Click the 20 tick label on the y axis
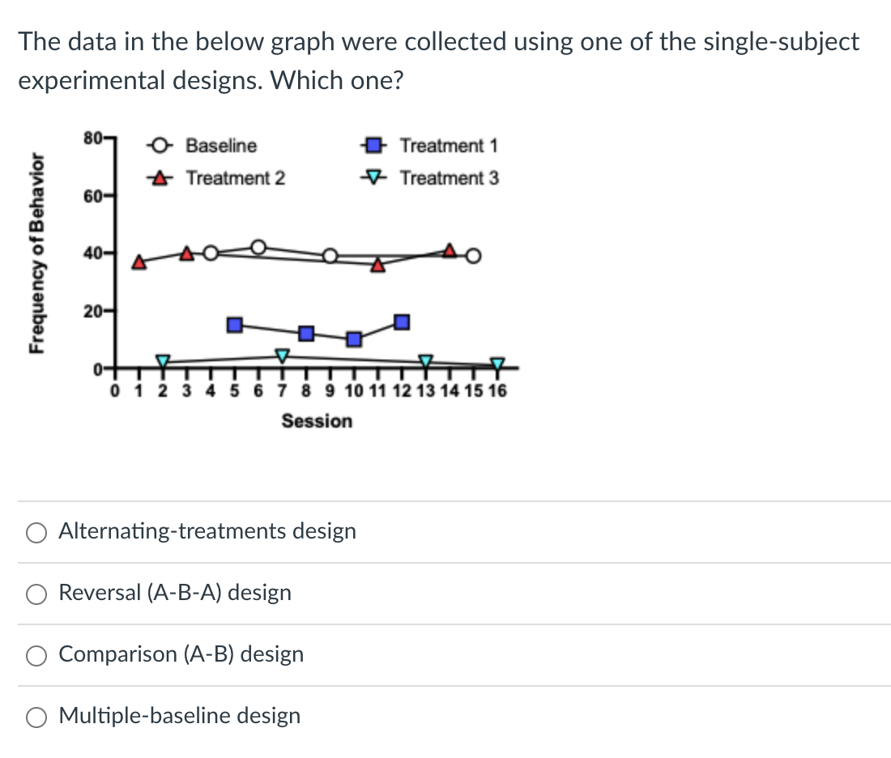(91, 312)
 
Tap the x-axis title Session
(317, 421)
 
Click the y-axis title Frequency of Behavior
(36, 253)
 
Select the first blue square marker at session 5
(235, 325)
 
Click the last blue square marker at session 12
(402, 322)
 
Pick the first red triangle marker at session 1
(139, 262)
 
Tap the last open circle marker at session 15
(474, 257)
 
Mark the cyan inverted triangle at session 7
(282, 356)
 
